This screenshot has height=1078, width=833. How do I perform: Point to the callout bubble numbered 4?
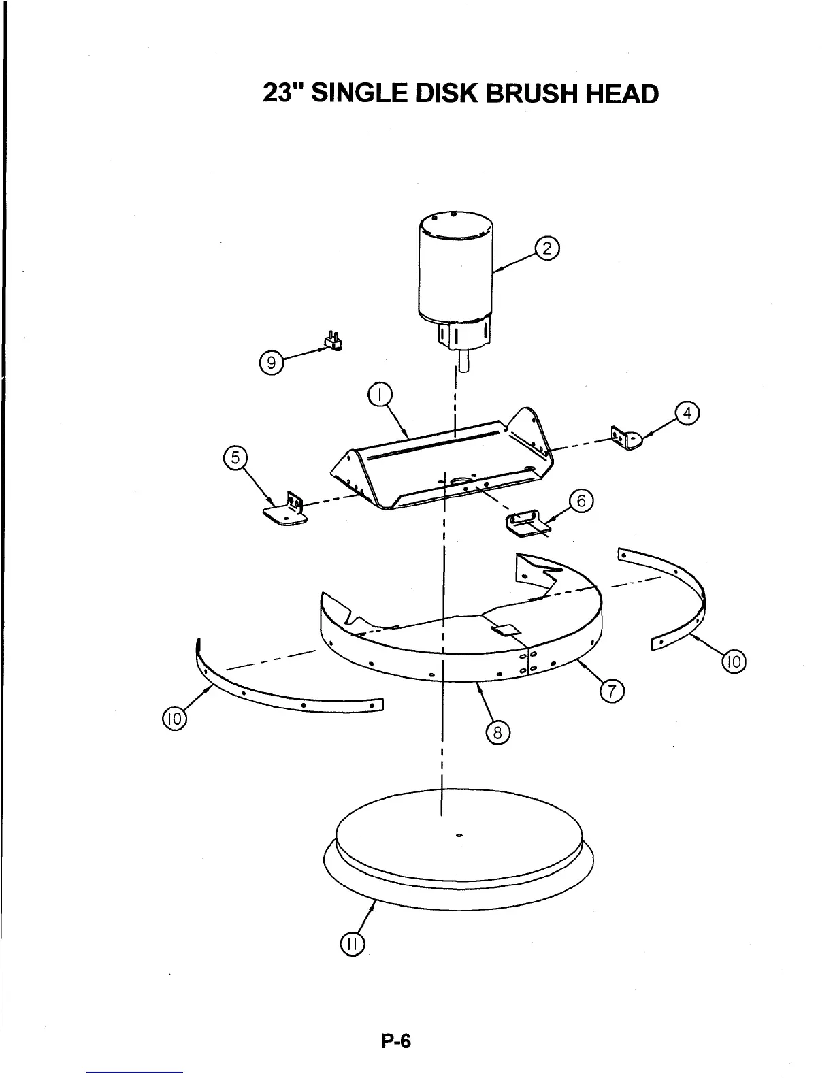coord(687,414)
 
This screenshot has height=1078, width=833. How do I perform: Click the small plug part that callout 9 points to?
coord(333,342)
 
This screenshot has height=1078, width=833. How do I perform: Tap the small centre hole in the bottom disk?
coord(459,834)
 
